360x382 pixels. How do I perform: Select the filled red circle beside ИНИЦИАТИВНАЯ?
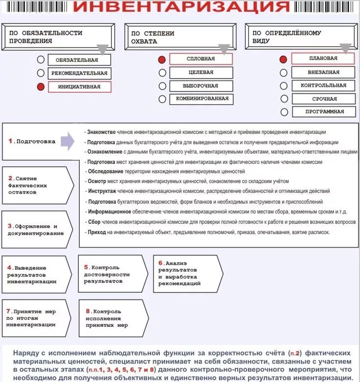click(41, 87)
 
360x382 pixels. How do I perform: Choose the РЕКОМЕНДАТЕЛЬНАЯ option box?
click(79, 73)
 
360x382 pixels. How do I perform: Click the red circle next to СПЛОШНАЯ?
click(162, 60)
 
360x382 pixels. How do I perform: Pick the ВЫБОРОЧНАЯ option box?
click(201, 85)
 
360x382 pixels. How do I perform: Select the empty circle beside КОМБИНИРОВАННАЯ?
click(162, 99)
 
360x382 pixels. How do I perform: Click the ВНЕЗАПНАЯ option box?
click(323, 72)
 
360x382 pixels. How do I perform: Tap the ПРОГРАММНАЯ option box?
click(324, 111)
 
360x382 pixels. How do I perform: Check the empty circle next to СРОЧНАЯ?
click(284, 99)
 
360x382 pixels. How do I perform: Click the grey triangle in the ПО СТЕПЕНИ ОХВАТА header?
click(224, 49)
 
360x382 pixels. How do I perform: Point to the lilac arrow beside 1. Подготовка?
click(67, 142)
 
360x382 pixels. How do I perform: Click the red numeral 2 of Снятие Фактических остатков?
click(10, 178)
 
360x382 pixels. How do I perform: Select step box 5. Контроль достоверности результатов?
click(112, 274)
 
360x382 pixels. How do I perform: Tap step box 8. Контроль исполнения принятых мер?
click(112, 318)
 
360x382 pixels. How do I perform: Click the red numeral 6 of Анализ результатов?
click(160, 263)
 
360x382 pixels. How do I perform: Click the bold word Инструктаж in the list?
click(102, 191)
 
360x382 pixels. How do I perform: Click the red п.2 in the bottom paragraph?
click(293, 353)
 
